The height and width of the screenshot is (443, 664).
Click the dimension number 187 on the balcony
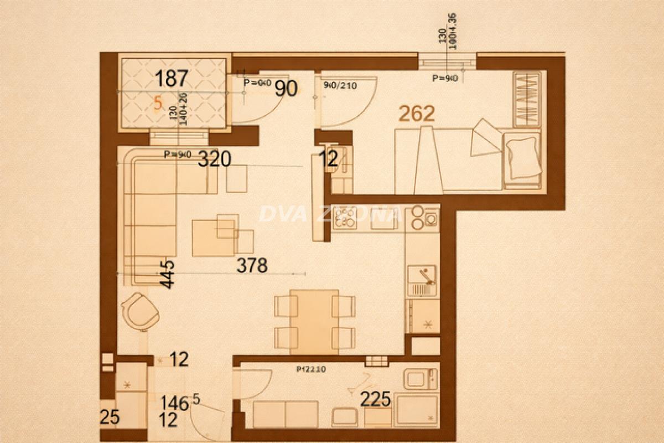pyautogui.click(x=172, y=79)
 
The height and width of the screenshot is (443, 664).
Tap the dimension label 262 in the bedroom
pyautogui.click(x=417, y=114)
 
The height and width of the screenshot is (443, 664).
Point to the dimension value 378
pyautogui.click(x=252, y=266)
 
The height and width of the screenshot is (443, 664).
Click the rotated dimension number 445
pyautogui.click(x=167, y=274)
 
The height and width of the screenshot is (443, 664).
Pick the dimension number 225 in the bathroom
pyautogui.click(x=376, y=399)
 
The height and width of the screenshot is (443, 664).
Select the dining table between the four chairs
pyautogui.click(x=314, y=321)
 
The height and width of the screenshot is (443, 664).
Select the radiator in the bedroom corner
pyautogui.click(x=526, y=99)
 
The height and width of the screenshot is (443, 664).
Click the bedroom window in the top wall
pyautogui.click(x=447, y=61)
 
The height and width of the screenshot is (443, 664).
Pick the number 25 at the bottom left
pyautogui.click(x=110, y=417)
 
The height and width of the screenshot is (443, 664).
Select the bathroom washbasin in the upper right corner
pyautogui.click(x=421, y=379)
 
